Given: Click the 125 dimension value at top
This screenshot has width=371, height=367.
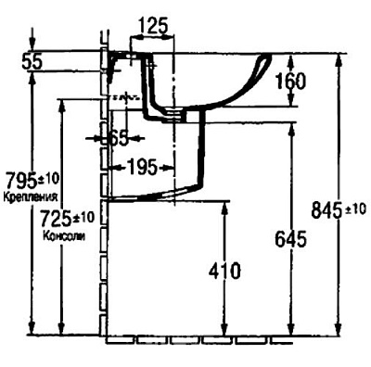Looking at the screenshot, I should click(153, 25).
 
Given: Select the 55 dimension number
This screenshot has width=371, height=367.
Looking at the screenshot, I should click(34, 61).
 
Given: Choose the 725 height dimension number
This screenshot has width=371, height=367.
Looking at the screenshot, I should click(58, 220).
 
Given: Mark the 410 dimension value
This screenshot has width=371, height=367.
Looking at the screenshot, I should click(222, 271).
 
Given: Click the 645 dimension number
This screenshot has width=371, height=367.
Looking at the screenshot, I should click(290, 239).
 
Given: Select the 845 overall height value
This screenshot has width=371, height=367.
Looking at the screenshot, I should click(326, 210).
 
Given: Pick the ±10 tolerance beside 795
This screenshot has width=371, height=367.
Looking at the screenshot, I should click(45, 176).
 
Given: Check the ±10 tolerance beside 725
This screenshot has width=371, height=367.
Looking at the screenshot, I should click(84, 216).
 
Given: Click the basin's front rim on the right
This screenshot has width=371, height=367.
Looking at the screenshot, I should click(266, 65).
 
